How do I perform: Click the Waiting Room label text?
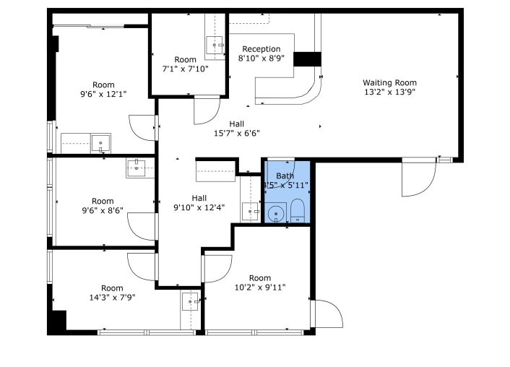tap(389, 82)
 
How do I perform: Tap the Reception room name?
tap(261, 49)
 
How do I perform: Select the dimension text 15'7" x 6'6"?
tap(236, 133)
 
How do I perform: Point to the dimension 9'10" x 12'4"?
tap(199, 207)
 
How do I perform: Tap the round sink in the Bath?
tap(275, 213)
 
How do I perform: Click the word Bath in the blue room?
tap(285, 176)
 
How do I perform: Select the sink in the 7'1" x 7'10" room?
tap(215, 46)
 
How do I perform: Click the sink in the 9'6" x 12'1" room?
tap(100, 144)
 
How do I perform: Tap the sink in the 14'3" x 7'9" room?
tap(190, 301)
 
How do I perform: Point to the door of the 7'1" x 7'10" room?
tap(207, 110)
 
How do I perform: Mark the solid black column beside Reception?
tap(307, 59)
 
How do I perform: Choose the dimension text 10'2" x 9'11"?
tap(260, 288)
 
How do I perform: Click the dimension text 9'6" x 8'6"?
tap(103, 211)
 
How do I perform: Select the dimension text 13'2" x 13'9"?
tap(389, 92)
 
